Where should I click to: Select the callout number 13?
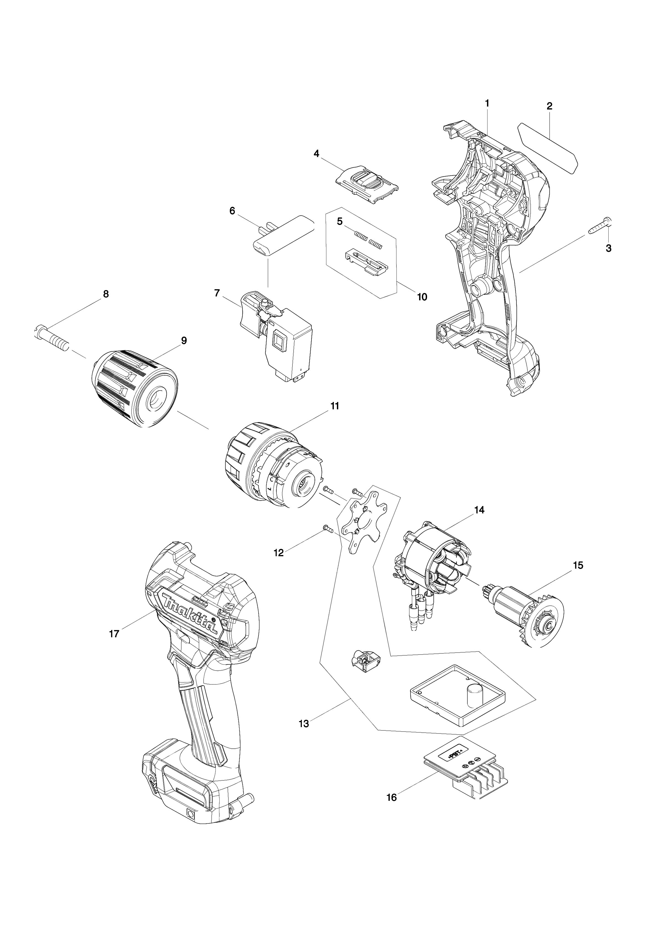303,723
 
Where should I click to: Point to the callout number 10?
422,297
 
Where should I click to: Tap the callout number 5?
340,221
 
